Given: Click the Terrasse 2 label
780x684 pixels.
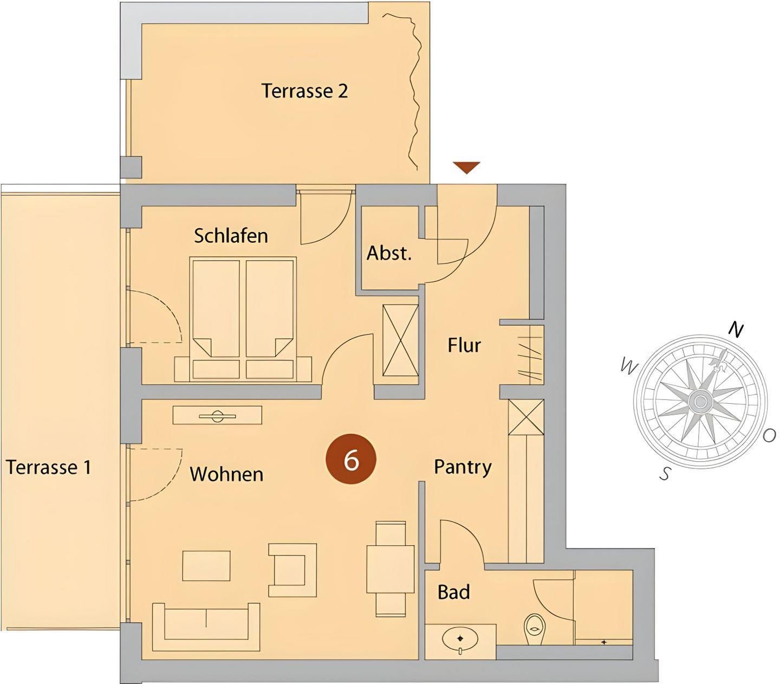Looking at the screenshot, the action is tap(304, 91).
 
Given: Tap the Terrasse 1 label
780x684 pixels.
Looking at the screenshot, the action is tap(49, 467).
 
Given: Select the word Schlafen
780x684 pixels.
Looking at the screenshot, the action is tap(231, 235).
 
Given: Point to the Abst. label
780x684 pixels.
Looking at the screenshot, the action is tap(389, 253).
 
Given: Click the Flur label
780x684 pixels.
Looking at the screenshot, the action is tap(464, 345).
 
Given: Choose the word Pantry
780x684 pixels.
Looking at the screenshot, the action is tap(463, 467).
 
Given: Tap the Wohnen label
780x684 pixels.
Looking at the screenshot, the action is tap(226, 474).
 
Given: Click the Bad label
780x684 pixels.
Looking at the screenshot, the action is tap(453, 592).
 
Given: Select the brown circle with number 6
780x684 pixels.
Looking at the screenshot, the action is tap(351, 459).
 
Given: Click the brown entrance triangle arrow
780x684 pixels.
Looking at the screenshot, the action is tap(466, 167).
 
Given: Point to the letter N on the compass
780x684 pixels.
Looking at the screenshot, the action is tap(736, 330).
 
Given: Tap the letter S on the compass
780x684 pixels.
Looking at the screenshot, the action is tap(665, 474).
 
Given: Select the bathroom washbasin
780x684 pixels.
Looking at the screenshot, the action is tap(460, 640).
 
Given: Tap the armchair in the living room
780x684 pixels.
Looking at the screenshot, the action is tap(292, 570).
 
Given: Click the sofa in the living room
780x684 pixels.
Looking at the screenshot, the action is tap(206, 627).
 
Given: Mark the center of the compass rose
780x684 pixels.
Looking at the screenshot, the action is tap(700, 402).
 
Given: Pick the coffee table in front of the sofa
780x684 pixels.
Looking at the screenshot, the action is tap(206, 566).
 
